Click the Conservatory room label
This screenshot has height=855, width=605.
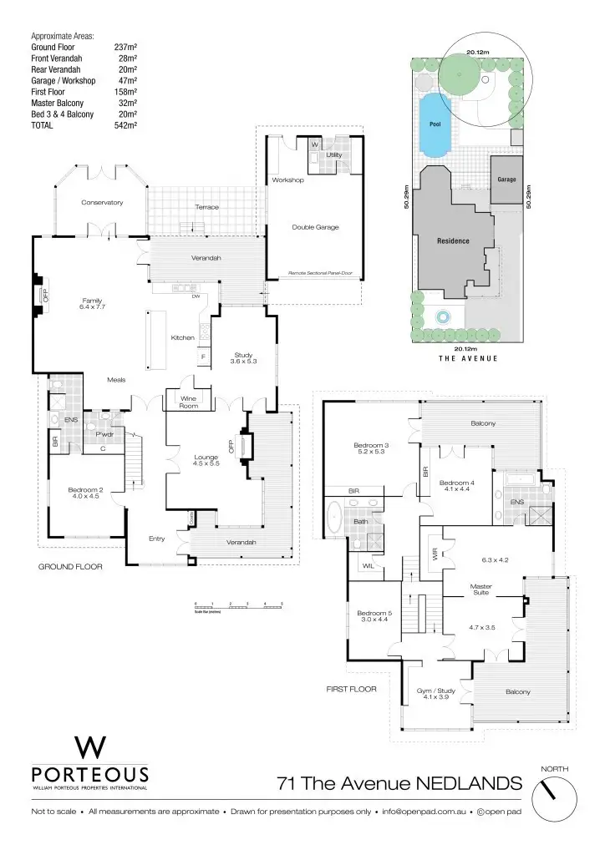[x=102, y=203]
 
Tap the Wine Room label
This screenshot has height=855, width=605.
[x=188, y=402]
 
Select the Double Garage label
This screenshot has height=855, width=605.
[x=315, y=227]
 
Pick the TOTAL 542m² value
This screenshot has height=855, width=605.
[x=125, y=125]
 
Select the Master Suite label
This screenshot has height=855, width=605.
[x=481, y=589]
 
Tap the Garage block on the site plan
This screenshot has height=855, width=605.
[x=506, y=180]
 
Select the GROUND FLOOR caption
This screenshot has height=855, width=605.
[x=70, y=567]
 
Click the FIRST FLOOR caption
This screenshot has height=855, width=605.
[x=351, y=690]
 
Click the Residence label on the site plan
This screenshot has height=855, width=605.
[x=453, y=241]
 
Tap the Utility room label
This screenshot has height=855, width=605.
[x=334, y=155]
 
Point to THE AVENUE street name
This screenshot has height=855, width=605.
[x=468, y=358]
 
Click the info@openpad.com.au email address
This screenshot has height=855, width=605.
[x=425, y=812]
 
